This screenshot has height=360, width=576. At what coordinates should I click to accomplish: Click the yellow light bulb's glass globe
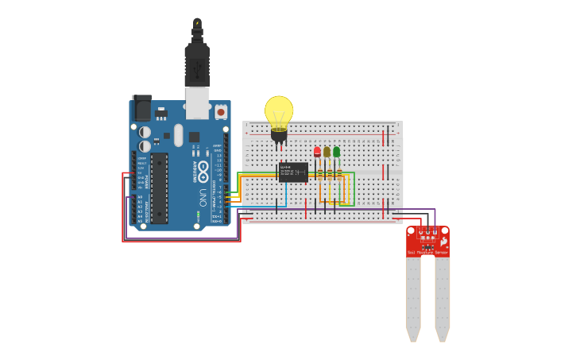pyautogui.click(x=279, y=110)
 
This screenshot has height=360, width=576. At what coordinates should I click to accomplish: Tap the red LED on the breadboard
pyautogui.click(x=317, y=151)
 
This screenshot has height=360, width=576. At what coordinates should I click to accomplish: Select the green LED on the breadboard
pyautogui.click(x=336, y=151)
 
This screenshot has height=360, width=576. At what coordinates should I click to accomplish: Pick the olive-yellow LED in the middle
pyautogui.click(x=327, y=151)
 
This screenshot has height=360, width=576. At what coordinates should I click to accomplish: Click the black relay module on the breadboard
pyautogui.click(x=293, y=172)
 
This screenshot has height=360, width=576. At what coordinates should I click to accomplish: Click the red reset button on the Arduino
pyautogui.click(x=220, y=112)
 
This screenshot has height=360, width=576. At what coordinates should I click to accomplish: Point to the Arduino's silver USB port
pyautogui.click(x=197, y=102)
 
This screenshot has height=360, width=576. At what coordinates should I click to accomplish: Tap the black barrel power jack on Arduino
pyautogui.click(x=142, y=108)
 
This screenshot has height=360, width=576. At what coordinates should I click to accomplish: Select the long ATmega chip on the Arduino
pyautogui.click(x=159, y=188)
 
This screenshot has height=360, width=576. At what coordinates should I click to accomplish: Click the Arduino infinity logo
pyautogui.click(x=203, y=170)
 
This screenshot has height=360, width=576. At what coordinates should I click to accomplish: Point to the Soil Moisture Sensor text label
pyautogui.click(x=427, y=252)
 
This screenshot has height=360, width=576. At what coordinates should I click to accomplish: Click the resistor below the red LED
pyautogui.click(x=319, y=173)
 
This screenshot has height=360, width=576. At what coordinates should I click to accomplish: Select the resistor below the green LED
pyautogui.click(x=339, y=173)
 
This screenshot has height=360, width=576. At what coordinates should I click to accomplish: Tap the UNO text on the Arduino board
pyautogui.click(x=203, y=195)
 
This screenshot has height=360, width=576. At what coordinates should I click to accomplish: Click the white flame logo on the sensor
pyautogui.click(x=444, y=241)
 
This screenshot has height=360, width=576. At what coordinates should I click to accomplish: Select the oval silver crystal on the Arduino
pyautogui.click(x=178, y=134)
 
